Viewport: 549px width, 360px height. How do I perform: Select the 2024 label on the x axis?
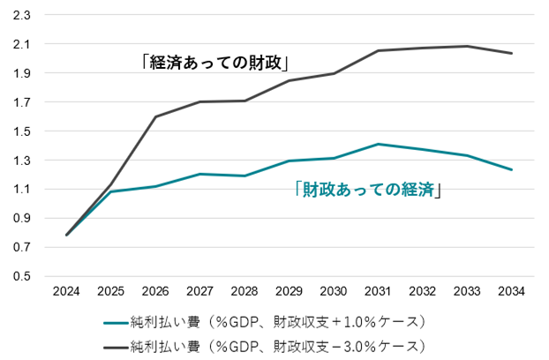coord(66,290)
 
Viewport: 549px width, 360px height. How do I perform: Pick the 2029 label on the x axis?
coord(290,290)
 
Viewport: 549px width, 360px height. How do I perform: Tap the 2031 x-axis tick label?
coord(379,290)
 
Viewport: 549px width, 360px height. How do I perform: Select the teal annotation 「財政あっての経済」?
coord(366,189)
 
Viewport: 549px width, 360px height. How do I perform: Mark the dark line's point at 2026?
coord(156,116)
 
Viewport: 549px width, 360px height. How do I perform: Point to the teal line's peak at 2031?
coord(379,144)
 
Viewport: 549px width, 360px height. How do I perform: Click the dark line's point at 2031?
coord(379,50)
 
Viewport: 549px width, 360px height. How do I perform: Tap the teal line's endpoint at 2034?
coord(513,169)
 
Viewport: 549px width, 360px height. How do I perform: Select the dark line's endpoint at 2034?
coord(513,53)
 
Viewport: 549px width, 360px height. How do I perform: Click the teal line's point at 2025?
coord(111,191)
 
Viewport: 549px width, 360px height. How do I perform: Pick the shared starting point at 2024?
coord(67,235)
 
